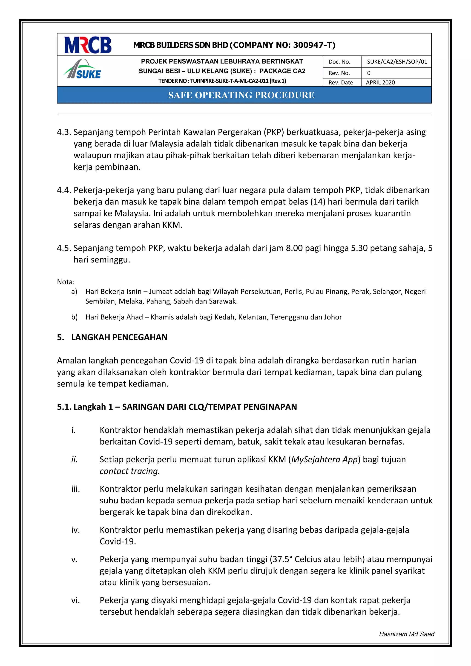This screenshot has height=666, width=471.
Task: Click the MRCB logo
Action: (x=88, y=45)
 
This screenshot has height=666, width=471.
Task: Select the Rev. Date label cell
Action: (x=341, y=83)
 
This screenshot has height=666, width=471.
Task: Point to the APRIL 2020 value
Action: (x=380, y=83)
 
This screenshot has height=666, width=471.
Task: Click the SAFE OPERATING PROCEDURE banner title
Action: (x=241, y=95)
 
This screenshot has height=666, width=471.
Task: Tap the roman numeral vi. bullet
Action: (x=75, y=600)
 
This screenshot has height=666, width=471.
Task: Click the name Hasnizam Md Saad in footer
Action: (x=406, y=634)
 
